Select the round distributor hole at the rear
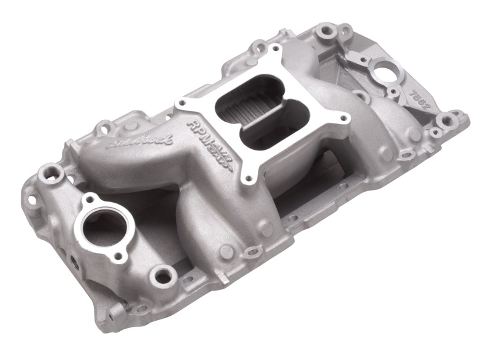387,71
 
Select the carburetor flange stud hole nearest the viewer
249,179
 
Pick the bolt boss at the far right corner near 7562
455,116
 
